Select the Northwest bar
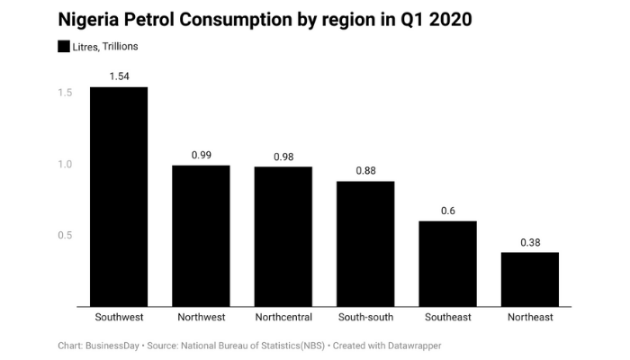pos(201,236)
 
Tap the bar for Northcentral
pos(283,236)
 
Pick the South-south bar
pos(365,243)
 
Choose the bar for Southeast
pos(447,263)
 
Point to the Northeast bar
pos(529,279)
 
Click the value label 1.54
pos(119,76)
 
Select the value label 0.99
pos(201,155)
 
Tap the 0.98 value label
pos(283,157)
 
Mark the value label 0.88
pos(365,171)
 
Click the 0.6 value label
pos(447,211)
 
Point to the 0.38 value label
pos(529,242)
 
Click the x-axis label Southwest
pos(119,318)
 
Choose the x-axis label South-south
pos(365,318)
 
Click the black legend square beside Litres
pos(64,46)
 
